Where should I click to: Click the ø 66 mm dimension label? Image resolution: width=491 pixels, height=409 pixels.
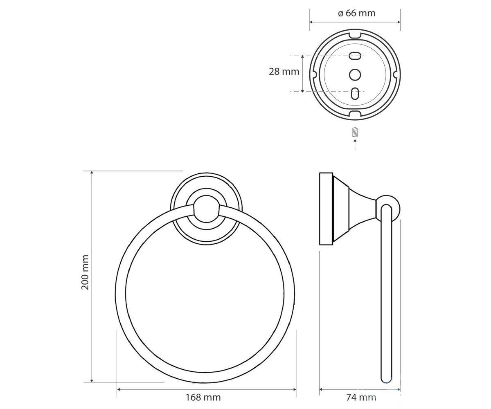356,13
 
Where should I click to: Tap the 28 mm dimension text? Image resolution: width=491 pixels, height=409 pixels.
284,72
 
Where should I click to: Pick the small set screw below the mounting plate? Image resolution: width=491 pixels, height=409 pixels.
355,133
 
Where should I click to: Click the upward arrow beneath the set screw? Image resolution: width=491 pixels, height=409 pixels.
355,144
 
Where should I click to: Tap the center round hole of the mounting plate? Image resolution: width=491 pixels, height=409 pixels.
355,75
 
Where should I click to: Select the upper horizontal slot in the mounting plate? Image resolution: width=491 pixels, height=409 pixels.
355,57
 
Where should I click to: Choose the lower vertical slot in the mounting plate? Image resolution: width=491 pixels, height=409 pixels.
355,93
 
